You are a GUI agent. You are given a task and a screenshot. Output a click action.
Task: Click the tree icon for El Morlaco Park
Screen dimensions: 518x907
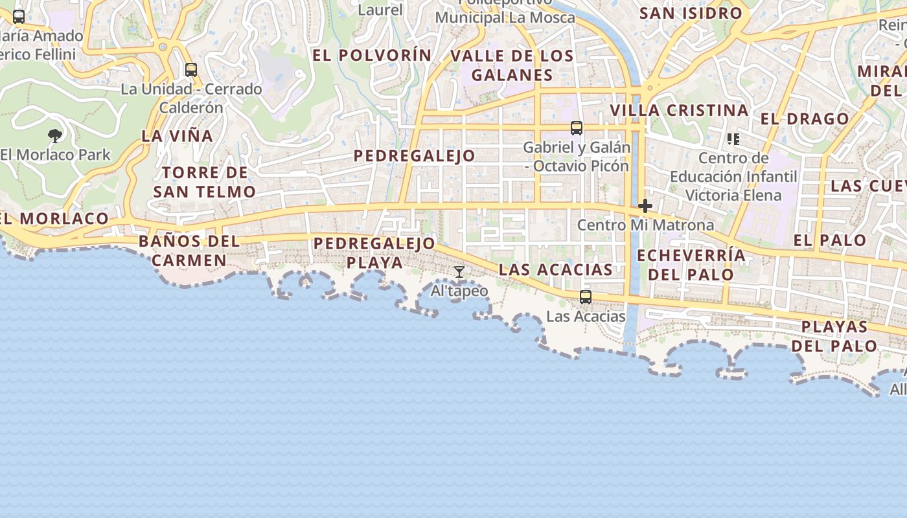point(55,135)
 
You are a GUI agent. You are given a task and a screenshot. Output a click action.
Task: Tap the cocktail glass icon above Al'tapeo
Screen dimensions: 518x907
point(459,272)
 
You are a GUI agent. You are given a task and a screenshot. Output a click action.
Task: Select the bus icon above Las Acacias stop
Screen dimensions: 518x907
point(586,297)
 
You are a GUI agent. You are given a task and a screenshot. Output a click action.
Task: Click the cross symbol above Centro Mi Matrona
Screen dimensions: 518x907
point(645,206)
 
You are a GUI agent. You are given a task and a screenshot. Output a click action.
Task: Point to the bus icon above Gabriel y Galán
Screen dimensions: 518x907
point(577,128)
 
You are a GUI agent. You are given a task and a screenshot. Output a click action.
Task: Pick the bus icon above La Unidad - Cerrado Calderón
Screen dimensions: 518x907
point(190,69)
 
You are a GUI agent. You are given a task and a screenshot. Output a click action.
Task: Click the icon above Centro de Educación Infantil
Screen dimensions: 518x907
point(733,139)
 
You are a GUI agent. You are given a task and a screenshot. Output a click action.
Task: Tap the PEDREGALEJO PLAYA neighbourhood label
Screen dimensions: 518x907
point(374,253)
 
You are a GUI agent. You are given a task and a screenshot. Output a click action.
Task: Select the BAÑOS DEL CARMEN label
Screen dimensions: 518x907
point(189,251)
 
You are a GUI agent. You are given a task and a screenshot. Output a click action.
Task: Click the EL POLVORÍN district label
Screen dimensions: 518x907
point(372,55)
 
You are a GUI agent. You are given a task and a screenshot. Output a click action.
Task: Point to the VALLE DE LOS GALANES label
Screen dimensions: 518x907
point(512,65)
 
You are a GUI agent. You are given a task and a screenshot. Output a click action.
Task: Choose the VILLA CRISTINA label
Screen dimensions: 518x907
point(680,110)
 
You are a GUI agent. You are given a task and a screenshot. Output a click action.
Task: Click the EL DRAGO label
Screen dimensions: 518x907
point(805,118)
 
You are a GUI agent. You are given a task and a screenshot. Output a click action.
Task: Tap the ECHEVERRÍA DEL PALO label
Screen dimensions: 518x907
point(691,264)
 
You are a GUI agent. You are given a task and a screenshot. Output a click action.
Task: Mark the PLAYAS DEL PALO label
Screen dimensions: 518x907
point(834,335)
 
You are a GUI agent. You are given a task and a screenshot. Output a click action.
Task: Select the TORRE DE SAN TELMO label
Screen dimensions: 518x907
point(205,182)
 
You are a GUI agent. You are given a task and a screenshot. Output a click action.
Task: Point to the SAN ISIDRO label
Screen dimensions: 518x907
point(691,13)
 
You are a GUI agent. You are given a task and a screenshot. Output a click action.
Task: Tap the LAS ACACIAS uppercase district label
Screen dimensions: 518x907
point(556,269)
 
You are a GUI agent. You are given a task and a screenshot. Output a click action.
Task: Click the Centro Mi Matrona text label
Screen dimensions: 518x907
point(645,225)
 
